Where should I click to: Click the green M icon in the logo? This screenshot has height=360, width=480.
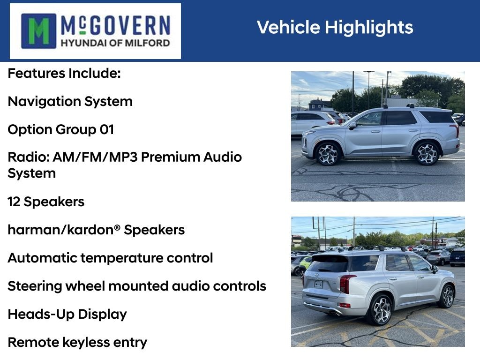coord(38,31)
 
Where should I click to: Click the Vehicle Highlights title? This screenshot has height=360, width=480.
coord(335,27)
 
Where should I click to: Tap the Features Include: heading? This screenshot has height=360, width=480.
coord(64,74)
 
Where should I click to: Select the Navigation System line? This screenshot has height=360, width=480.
coord(70,102)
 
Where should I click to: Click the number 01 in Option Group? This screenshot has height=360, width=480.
coord(107,129)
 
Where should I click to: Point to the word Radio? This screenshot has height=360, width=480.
coord(29,157)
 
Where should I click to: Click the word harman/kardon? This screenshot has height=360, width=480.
coord(60,230)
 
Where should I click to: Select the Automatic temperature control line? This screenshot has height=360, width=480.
coord(110,258)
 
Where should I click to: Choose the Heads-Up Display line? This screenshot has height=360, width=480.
coord(67,315)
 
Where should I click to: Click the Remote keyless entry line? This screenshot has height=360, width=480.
coord(77,343)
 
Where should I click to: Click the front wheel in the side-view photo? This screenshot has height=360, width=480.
coord(328,154)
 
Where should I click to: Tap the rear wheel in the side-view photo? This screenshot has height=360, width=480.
coord(427,153)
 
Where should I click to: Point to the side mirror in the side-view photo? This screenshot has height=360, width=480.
coord(352,126)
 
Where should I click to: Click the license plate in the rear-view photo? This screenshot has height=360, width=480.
coord(318,285)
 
